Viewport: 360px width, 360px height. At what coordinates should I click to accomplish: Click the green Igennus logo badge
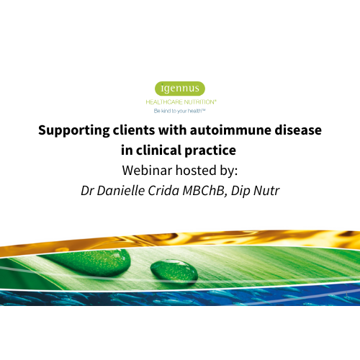180,89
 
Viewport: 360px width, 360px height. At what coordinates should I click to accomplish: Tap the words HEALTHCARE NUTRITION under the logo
180,102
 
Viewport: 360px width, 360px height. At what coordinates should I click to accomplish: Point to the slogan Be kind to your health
180,112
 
